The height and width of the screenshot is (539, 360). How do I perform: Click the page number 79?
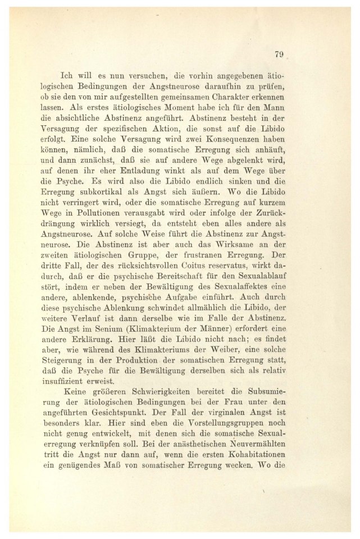[x=280, y=54]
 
